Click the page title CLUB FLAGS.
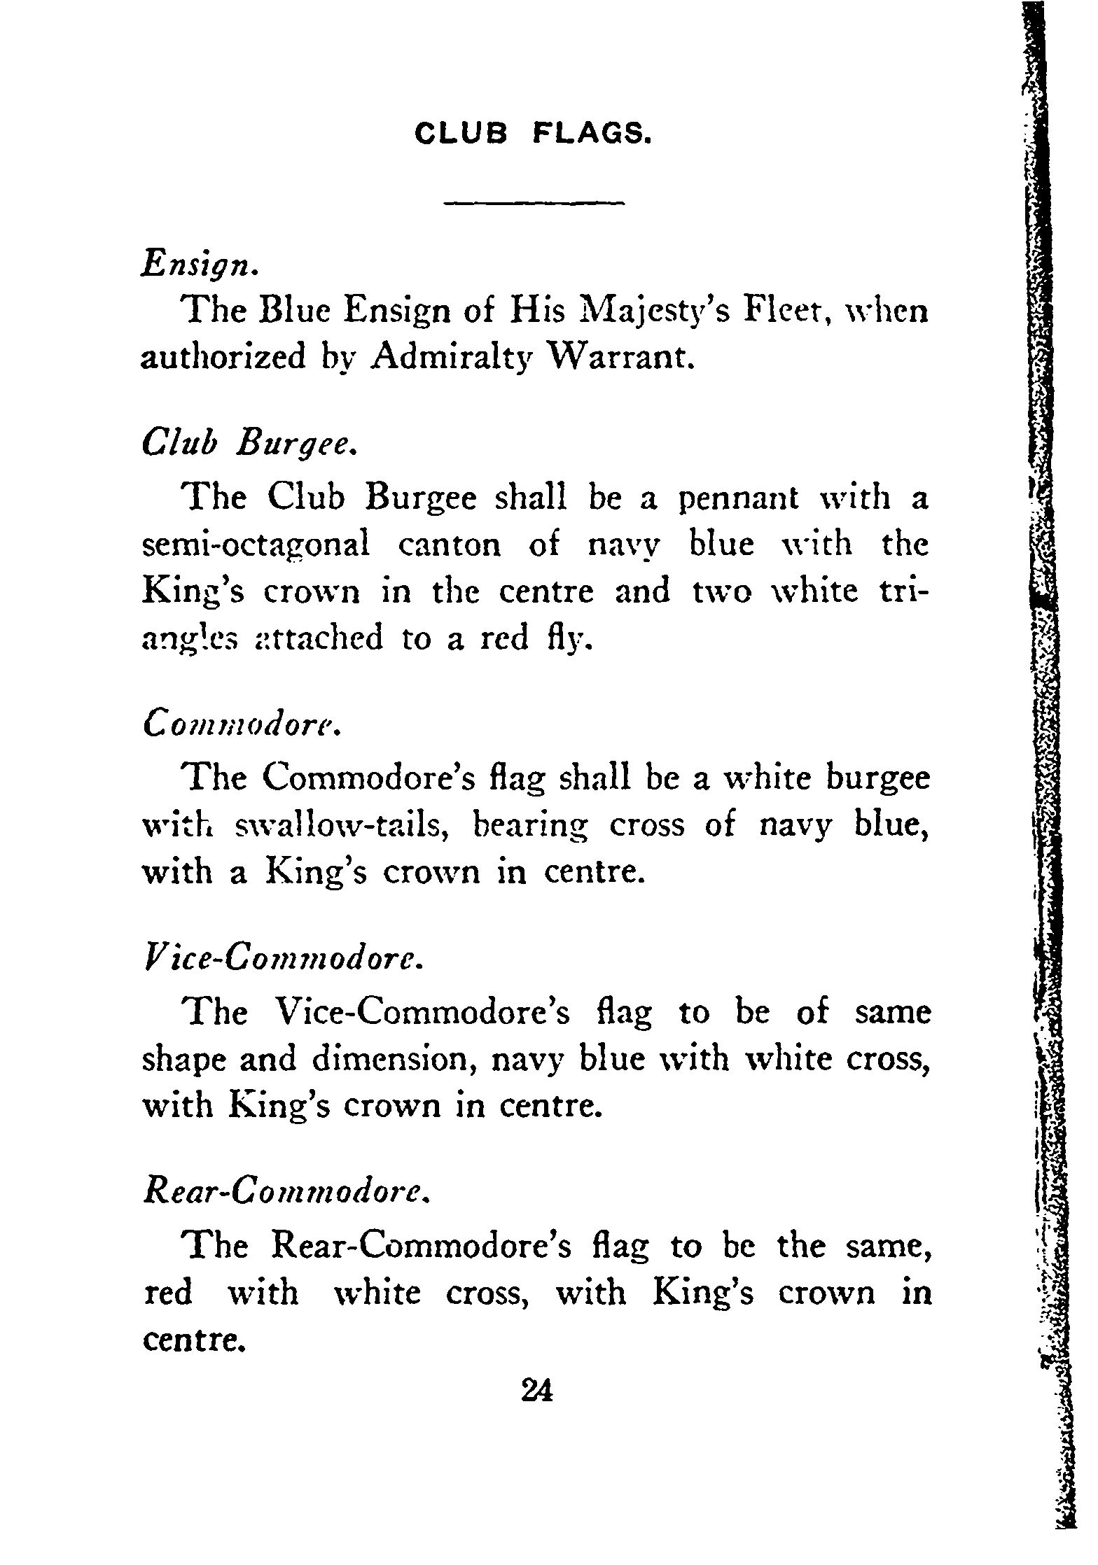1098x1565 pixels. (x=534, y=132)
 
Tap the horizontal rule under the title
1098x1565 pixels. (x=534, y=204)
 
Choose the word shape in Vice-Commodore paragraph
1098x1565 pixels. (x=183, y=1060)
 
